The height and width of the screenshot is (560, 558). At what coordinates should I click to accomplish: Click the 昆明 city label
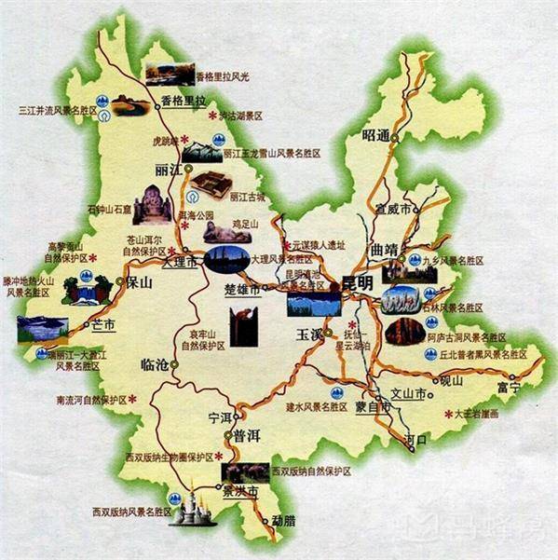click(357, 281)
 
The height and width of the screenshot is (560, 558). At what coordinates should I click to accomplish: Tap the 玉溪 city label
click(308, 334)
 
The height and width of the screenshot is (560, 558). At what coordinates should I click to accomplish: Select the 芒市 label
click(102, 324)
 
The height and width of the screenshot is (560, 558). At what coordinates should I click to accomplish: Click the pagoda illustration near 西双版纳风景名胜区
click(195, 509)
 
